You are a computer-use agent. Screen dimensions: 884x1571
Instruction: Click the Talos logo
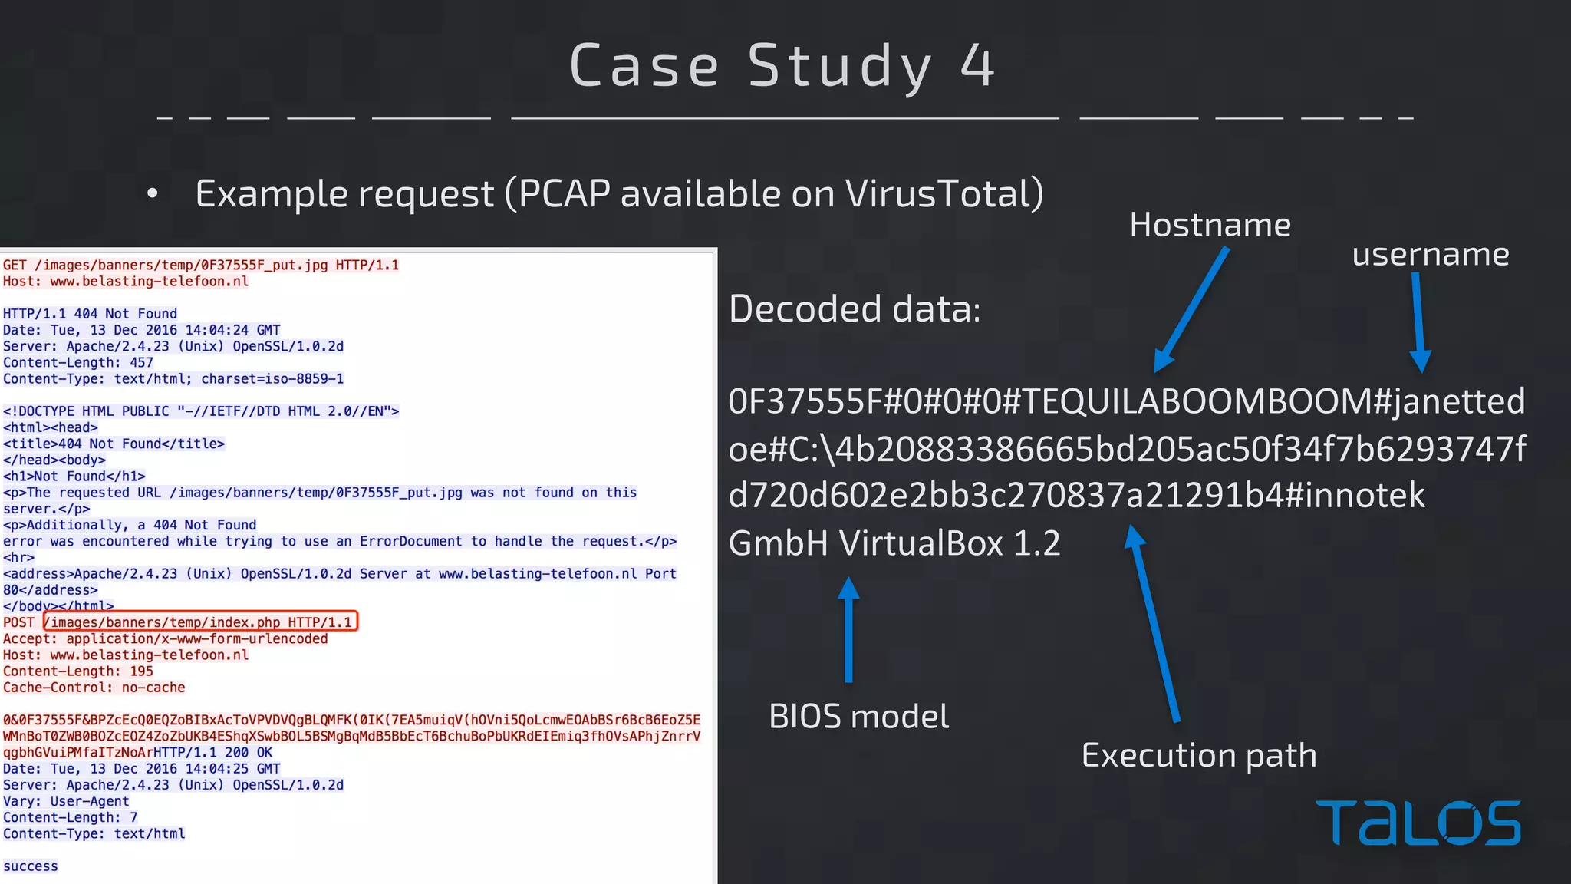pos(1418,823)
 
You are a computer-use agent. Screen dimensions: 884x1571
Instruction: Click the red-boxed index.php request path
pos(201,622)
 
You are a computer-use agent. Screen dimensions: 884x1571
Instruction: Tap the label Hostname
pos(1210,225)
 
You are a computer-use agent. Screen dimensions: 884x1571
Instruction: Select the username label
pos(1430,254)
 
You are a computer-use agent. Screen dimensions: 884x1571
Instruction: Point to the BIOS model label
pos(858,716)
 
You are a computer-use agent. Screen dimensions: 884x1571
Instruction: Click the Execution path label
pos(1198,755)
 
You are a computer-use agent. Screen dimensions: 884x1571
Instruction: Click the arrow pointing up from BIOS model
pos(848,629)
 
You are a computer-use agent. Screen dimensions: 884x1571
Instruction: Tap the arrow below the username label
pos(1418,322)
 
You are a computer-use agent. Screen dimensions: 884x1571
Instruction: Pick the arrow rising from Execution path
pos(1154,622)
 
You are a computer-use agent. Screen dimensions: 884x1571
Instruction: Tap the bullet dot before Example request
pos(153,194)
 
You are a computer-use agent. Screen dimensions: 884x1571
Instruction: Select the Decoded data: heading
pos(855,309)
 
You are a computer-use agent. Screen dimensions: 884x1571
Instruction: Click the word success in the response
pos(31,866)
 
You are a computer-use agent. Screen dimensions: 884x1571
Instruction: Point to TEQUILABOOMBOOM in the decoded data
pos(1196,401)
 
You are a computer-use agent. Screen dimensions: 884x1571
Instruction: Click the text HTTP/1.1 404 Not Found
pos(90,314)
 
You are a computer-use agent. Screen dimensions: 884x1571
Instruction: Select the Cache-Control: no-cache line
pos(94,688)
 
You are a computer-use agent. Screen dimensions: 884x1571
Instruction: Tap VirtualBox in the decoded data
pos(921,543)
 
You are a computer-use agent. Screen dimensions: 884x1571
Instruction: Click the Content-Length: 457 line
pos(78,363)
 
